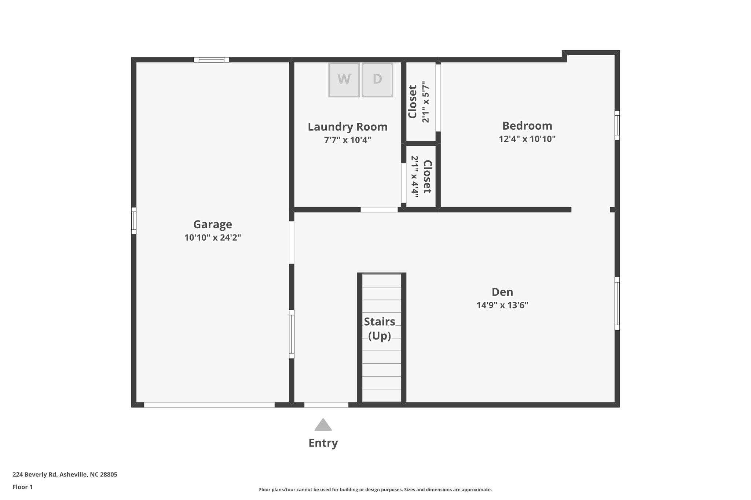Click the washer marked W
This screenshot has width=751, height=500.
click(x=344, y=79)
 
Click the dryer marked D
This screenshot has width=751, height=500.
click(x=377, y=79)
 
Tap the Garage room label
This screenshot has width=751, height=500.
click(x=212, y=224)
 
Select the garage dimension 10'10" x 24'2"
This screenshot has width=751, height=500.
click(x=212, y=238)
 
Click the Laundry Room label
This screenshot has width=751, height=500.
click(x=347, y=127)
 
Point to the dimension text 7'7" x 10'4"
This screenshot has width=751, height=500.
click(x=347, y=140)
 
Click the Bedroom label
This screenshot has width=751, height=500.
click(x=527, y=126)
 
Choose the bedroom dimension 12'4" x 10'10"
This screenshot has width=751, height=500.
click(x=527, y=139)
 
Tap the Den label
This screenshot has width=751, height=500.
click(x=502, y=292)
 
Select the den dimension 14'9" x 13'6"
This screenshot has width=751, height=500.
click(x=502, y=305)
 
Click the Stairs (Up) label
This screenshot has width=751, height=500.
click(x=380, y=329)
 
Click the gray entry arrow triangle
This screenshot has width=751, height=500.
click(x=323, y=425)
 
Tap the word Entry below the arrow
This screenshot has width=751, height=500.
click(x=323, y=443)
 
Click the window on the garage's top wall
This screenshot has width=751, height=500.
click(x=211, y=60)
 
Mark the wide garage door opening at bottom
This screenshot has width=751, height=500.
click(x=209, y=405)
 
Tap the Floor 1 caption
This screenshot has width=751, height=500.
click(x=22, y=487)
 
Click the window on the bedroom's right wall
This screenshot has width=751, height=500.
click(x=617, y=125)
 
